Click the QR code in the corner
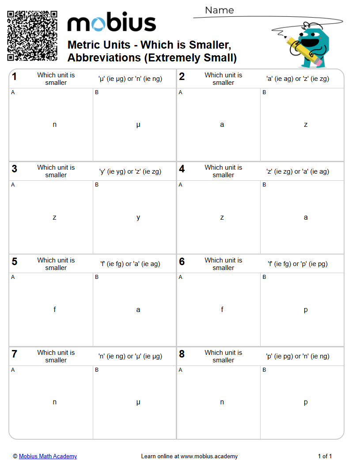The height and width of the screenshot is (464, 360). point(32,36)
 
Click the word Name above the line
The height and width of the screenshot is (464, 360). point(219,10)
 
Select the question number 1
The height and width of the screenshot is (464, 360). point(15,77)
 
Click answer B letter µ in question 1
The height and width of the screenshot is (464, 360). point(138,125)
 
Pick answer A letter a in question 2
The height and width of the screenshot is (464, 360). point(222,125)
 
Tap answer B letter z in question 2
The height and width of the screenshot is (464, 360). point(306,125)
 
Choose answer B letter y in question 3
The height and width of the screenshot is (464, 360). point(138,217)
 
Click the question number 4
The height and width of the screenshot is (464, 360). point(182,169)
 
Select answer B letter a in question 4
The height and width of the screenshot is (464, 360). point(306,217)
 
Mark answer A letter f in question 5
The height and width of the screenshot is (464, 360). point(55,309)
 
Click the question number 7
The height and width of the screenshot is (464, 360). point(15,354)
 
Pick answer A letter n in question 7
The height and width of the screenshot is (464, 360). point(55,402)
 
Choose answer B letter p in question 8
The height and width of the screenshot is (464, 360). point(306,403)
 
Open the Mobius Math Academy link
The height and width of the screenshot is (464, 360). point(48,456)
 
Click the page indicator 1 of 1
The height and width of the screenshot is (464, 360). point(325,456)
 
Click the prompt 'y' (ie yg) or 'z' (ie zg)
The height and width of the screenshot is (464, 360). point(130,171)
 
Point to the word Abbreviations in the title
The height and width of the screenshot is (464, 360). point(104,58)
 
